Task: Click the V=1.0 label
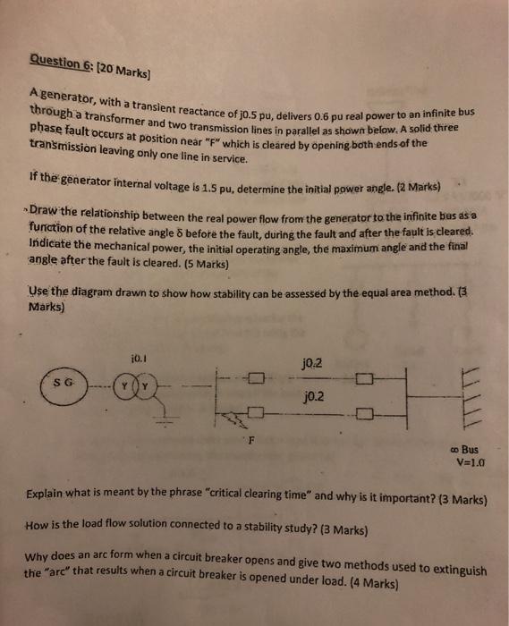click(470, 463)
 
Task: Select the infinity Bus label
click(468, 449)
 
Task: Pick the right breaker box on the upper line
click(363, 384)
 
